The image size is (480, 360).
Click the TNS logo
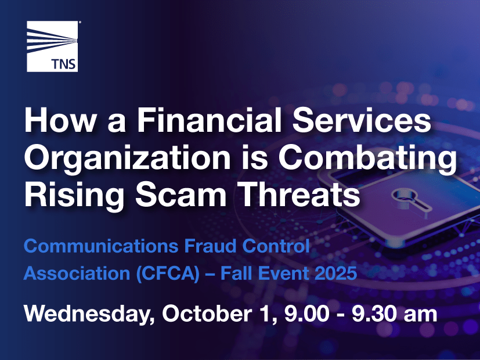(x=52, y=46)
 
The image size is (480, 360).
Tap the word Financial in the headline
(x=209, y=120)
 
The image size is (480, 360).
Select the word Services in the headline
(x=362, y=120)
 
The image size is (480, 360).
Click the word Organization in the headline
(x=127, y=159)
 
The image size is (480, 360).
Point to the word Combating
(x=367, y=159)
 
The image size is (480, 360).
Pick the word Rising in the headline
(x=74, y=196)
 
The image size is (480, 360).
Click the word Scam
(x=181, y=195)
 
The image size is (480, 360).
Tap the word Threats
(x=300, y=195)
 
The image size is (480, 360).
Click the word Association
(x=77, y=273)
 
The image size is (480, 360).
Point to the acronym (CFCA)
(x=168, y=273)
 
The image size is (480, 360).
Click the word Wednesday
(x=89, y=314)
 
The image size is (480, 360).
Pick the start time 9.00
(x=306, y=314)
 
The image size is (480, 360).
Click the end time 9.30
(x=374, y=314)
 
